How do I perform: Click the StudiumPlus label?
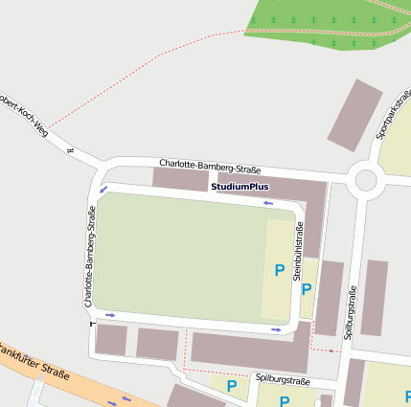point(240,187)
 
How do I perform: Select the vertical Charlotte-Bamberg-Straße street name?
point(89,258)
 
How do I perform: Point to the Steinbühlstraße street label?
point(298,251)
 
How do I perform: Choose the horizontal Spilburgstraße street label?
point(283,380)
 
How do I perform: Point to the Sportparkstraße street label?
point(396,115)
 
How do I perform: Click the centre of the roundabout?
point(365,179)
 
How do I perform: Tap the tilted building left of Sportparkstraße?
point(354,116)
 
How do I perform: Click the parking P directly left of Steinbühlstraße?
point(279,271)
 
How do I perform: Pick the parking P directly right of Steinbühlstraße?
point(307,289)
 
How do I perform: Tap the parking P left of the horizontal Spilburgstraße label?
point(231,386)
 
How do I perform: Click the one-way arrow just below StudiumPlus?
point(268,203)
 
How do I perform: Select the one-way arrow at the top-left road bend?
point(103,190)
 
